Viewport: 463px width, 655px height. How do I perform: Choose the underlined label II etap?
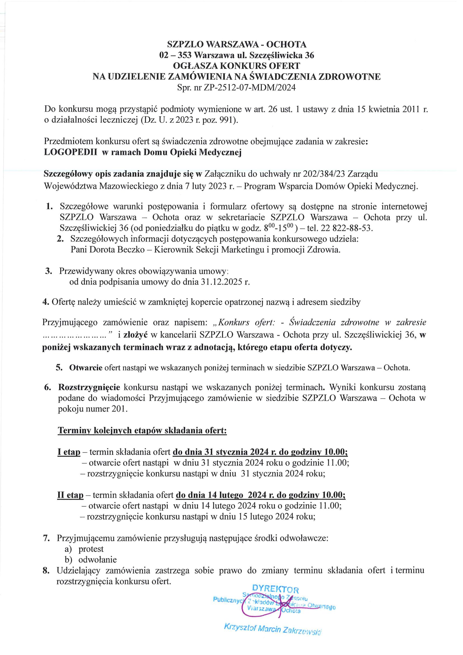[x=71, y=495]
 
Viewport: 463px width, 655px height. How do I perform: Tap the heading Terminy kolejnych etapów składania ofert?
[x=142, y=430]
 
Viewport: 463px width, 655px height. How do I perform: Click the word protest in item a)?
[x=91, y=549]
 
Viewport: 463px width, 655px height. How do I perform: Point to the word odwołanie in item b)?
[x=97, y=560]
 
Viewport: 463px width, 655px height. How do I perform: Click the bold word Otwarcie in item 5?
[x=86, y=368]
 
